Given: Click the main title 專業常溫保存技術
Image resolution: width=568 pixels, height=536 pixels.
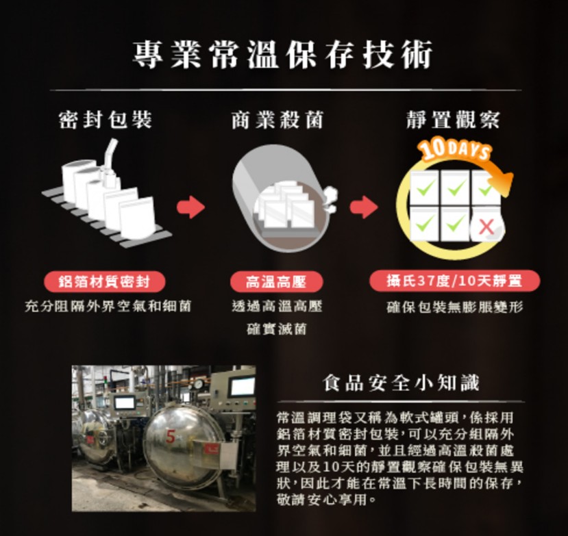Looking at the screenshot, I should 283,55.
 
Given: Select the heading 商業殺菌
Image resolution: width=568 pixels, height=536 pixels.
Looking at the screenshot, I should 277,120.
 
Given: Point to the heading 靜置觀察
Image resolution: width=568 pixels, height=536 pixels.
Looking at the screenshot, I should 452,120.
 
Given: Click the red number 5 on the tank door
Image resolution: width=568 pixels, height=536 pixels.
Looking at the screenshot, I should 171,433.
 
